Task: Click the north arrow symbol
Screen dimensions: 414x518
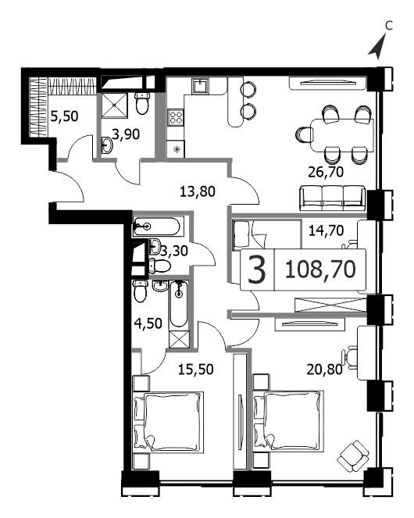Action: [x=377, y=48]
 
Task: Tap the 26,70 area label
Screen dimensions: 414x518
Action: [x=326, y=172]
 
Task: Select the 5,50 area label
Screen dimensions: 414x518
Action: [x=64, y=116]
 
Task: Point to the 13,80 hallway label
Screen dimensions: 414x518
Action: [x=198, y=191]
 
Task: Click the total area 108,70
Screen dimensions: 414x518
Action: [x=319, y=270]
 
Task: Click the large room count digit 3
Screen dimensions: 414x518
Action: [x=257, y=270]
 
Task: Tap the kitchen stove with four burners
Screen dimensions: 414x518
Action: [x=176, y=118]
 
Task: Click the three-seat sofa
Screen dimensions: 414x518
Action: [x=333, y=198]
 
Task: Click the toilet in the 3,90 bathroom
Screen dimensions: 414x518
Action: [x=142, y=103]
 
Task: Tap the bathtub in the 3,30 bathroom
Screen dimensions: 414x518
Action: [x=157, y=227]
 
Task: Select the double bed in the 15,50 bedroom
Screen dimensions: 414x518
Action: [x=168, y=422]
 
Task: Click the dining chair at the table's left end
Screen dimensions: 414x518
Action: [x=305, y=135]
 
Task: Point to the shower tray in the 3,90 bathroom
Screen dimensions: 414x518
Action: [x=114, y=105]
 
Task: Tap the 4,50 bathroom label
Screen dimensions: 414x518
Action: [x=148, y=323]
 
